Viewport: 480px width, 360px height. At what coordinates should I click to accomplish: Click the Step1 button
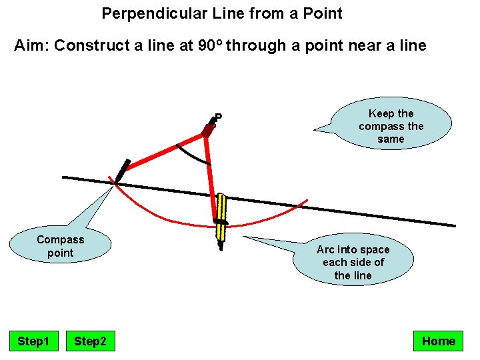click(33, 341)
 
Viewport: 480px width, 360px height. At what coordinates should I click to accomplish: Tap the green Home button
click(438, 341)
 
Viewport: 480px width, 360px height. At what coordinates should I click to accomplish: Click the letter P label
click(218, 117)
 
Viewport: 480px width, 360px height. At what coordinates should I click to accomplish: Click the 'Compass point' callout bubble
click(61, 246)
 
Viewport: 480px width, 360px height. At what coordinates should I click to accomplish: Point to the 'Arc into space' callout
click(353, 262)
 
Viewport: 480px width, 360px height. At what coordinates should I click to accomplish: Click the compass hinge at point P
click(207, 131)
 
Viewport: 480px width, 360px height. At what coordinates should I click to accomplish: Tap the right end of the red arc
click(307, 199)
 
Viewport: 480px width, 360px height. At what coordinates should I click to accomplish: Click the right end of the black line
click(455, 225)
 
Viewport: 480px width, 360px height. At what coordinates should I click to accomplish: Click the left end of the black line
click(63, 177)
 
